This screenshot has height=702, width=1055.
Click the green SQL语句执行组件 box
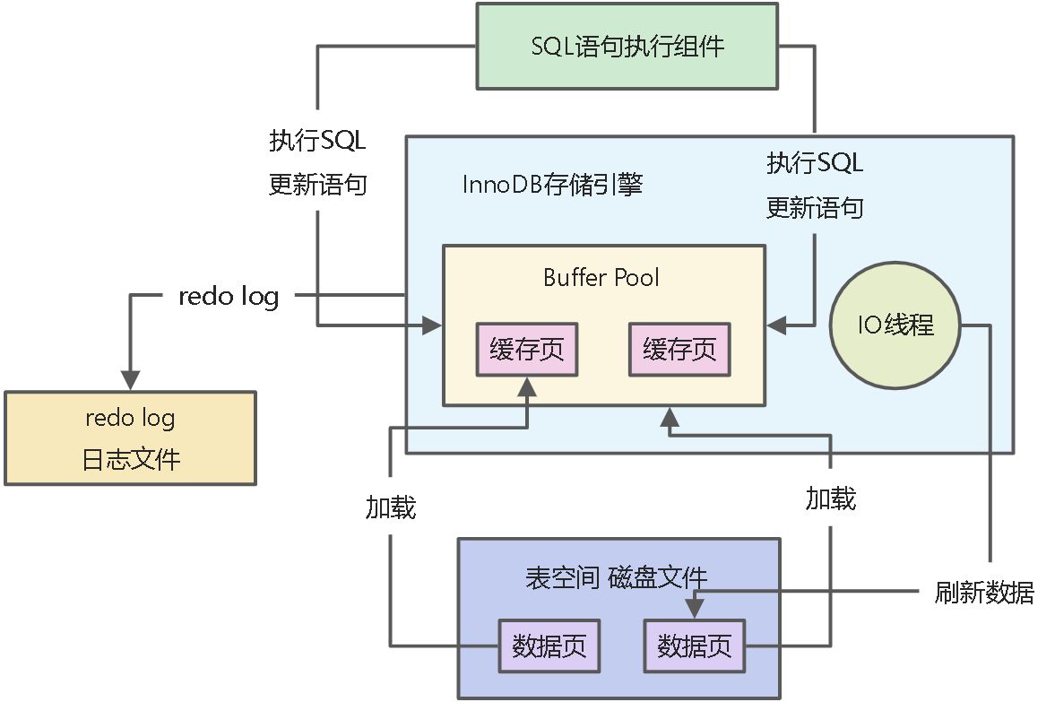[627, 47]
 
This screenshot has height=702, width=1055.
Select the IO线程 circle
[895, 325]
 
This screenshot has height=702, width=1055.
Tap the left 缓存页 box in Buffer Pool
[527, 349]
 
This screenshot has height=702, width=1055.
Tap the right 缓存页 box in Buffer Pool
[679, 349]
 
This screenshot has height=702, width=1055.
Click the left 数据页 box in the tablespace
[549, 646]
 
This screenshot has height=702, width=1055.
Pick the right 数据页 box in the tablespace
[694, 646]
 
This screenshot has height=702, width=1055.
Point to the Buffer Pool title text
[601, 277]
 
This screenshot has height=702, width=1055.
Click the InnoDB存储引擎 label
[552, 185]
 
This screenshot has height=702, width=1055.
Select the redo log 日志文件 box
[131, 438]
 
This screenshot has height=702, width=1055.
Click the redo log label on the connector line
[229, 296]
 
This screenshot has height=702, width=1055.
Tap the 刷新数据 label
[983, 593]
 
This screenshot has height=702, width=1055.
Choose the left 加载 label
[390, 507]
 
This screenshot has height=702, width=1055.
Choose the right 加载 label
[830, 498]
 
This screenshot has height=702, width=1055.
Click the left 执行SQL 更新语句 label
[318, 163]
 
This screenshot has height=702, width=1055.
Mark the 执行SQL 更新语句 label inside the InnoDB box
[814, 186]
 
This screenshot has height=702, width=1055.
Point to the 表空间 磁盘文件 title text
[617, 577]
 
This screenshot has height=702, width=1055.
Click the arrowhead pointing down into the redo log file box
[131, 381]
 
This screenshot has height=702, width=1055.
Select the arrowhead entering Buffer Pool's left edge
[434, 325]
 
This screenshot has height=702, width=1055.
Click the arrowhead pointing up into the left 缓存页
[527, 387]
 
